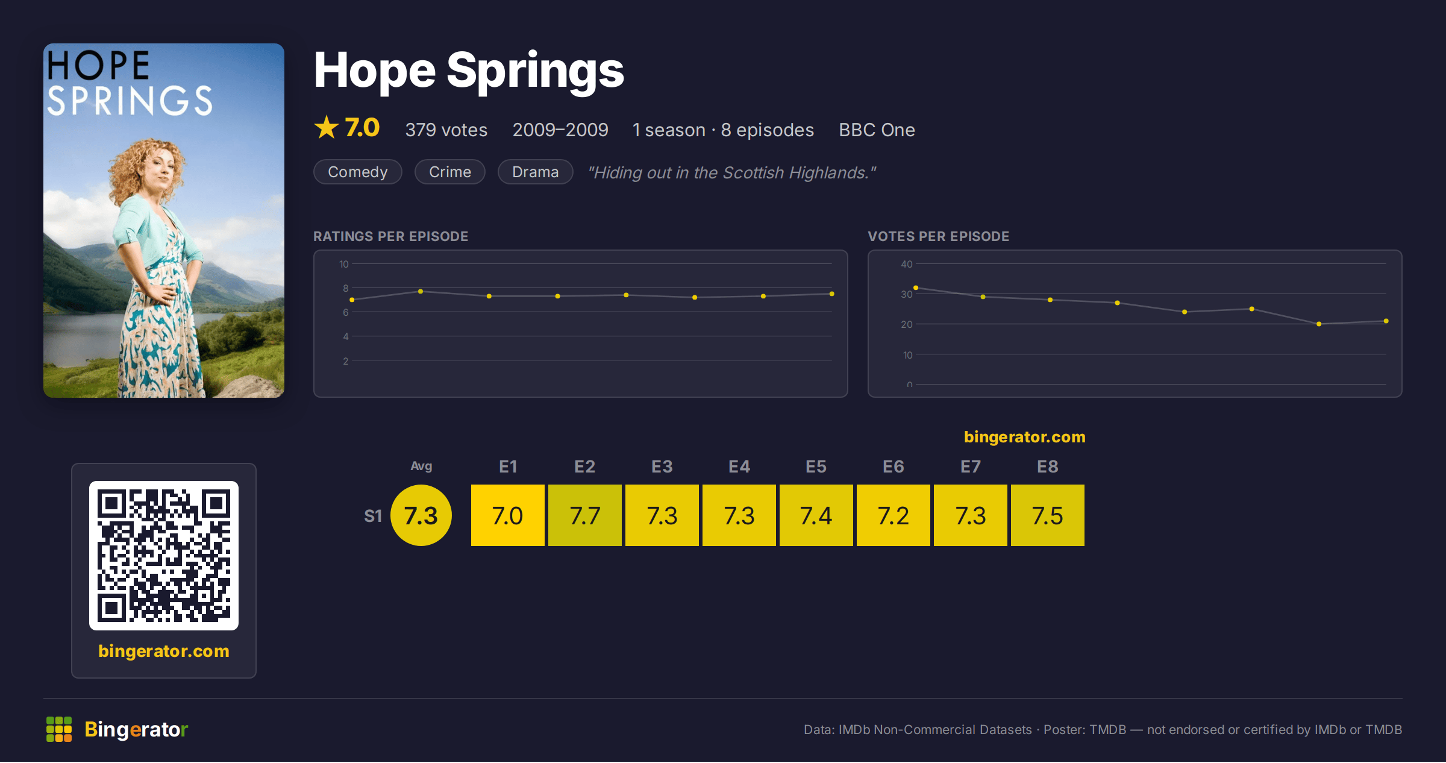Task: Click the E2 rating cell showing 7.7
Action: pyautogui.click(x=584, y=515)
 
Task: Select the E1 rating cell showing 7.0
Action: pyautogui.click(x=507, y=515)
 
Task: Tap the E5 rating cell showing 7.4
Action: pyautogui.click(x=816, y=515)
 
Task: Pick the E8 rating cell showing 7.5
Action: pyautogui.click(x=1047, y=515)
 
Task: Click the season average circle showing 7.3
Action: pyautogui.click(x=421, y=515)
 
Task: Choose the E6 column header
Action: pyautogui.click(x=893, y=466)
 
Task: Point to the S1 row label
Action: pyautogui.click(x=373, y=516)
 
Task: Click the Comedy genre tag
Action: pyautogui.click(x=358, y=172)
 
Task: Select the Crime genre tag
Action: pyautogui.click(x=450, y=172)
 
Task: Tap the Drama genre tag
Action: pyautogui.click(x=535, y=172)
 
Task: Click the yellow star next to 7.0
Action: pyautogui.click(x=327, y=127)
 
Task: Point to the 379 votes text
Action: pyautogui.click(x=446, y=130)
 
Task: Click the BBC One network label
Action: pyautogui.click(x=877, y=130)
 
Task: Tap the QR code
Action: pyautogui.click(x=164, y=556)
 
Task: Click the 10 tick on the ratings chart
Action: pyautogui.click(x=344, y=264)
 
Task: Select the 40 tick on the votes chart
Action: pyautogui.click(x=907, y=264)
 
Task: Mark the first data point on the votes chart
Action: pyautogui.click(x=916, y=288)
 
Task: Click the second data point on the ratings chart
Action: pyautogui.click(x=421, y=292)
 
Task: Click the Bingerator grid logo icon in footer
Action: pyautogui.click(x=59, y=729)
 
